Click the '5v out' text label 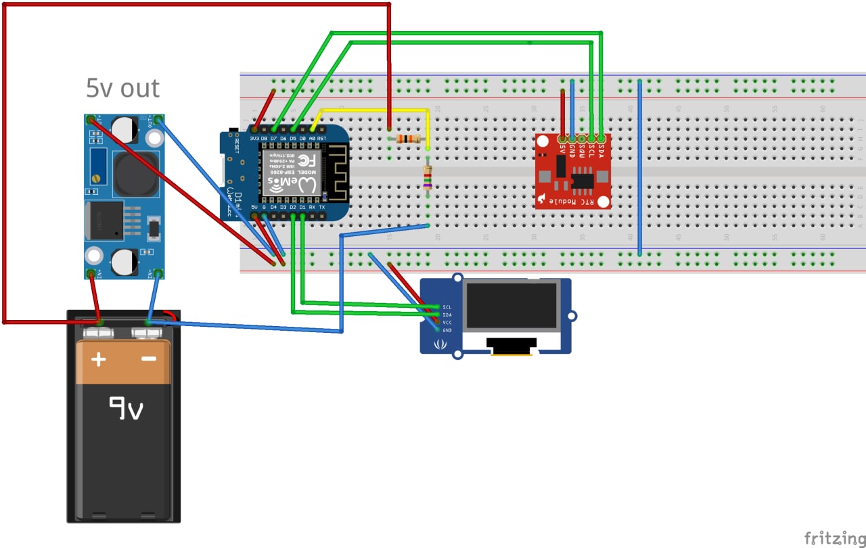(x=122, y=89)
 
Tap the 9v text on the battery (x=127, y=407)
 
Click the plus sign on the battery (x=99, y=359)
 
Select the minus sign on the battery (x=150, y=359)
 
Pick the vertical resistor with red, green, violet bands (x=428, y=177)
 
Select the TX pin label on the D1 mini (x=321, y=207)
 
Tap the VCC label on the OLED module (x=447, y=322)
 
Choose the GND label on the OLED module (x=447, y=329)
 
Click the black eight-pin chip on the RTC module (x=581, y=181)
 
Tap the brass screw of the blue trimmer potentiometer (x=95, y=177)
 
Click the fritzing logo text (x=834, y=538)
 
